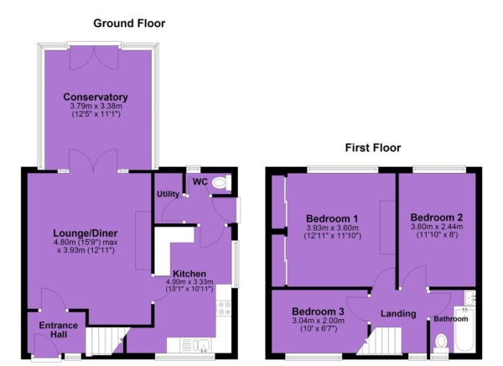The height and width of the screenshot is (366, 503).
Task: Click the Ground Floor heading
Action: click(129, 24)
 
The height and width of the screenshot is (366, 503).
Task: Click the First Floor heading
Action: click(373, 148)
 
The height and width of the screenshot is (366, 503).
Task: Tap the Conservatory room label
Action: click(96, 97)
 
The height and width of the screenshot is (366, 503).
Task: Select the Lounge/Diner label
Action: click(86, 233)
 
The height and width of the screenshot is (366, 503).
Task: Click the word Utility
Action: click(168, 194)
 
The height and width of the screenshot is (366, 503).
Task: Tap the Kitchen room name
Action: click(189, 274)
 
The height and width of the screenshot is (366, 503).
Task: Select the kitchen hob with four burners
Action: click(224, 308)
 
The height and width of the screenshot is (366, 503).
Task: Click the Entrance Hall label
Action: click(59, 330)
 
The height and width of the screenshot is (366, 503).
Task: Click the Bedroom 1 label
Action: click(332, 218)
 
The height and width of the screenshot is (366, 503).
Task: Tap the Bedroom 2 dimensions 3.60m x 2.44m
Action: click(437, 227)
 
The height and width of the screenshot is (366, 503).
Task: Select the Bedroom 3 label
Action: click(318, 311)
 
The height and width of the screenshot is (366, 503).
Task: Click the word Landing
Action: click(398, 314)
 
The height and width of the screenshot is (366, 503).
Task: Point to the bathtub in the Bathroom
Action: click(464, 329)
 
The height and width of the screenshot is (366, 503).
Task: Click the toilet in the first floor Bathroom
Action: click(441, 344)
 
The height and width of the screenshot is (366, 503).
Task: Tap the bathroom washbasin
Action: click(470, 297)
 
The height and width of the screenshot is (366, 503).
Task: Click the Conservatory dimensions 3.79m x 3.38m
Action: click(96, 106)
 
